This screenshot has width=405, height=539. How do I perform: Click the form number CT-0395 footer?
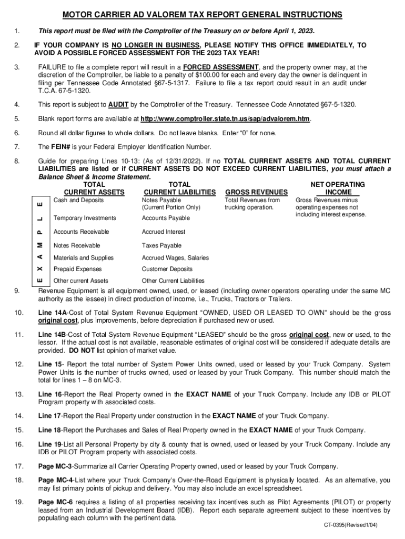pyautogui.click(x=358, y=525)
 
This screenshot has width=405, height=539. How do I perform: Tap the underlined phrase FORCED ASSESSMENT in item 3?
pyautogui.click(x=221, y=67)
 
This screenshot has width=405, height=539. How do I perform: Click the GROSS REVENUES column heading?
pyautogui.click(x=256, y=192)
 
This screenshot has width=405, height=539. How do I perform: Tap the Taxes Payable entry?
pyautogui.click(x=161, y=245)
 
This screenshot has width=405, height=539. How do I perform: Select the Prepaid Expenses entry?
pyautogui.click(x=78, y=269)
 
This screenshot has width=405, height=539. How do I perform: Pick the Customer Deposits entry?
pyautogui.click(x=167, y=269)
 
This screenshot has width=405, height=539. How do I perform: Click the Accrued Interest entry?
pyautogui.click(x=164, y=232)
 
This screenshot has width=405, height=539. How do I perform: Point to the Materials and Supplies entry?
pyautogui.click(x=84, y=257)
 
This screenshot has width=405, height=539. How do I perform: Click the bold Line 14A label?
pyautogui.click(x=50, y=313)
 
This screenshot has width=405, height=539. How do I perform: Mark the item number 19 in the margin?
pyautogui.click(x=19, y=502)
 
